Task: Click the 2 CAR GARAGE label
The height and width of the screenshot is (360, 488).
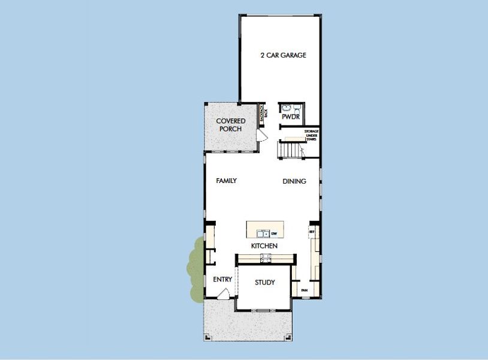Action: click(283, 55)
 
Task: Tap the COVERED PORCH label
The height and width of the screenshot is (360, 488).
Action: click(231, 125)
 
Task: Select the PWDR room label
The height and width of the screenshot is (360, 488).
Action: click(291, 117)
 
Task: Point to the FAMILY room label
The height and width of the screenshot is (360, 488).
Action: click(227, 181)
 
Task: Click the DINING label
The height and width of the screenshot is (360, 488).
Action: click(294, 181)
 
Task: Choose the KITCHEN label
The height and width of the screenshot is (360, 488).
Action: click(264, 247)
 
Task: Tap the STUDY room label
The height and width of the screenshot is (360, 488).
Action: click(264, 283)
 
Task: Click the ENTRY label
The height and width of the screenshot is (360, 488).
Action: click(222, 280)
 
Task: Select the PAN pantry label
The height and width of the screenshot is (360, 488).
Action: click(304, 291)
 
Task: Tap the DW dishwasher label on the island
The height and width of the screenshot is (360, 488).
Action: click(273, 233)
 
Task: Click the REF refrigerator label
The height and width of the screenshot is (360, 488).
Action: click(312, 230)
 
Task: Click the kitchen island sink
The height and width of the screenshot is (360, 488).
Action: click(263, 233)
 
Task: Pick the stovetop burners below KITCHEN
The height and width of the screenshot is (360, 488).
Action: click(264, 258)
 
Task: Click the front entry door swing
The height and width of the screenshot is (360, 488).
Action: click(223, 294)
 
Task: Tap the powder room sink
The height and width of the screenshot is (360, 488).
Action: click(286, 108)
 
